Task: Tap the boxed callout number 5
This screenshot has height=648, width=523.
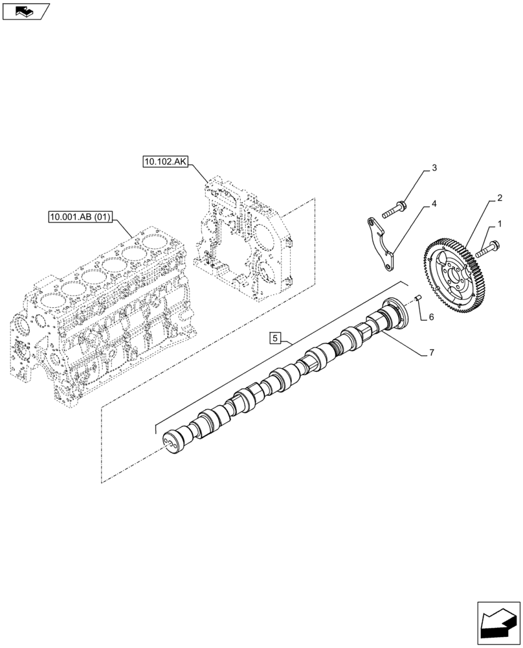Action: pyautogui.click(x=275, y=337)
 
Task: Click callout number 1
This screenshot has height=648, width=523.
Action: pyautogui.click(x=499, y=224)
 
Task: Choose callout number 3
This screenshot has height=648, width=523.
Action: pyautogui.click(x=434, y=168)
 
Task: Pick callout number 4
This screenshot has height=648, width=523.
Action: pyautogui.click(x=434, y=203)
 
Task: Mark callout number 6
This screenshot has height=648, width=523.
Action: pyautogui.click(x=430, y=318)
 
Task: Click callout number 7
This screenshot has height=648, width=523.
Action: pyautogui.click(x=430, y=353)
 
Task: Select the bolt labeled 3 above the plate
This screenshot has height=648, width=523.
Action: pyautogui.click(x=395, y=209)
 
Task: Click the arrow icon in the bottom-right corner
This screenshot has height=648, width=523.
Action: pyautogui.click(x=498, y=622)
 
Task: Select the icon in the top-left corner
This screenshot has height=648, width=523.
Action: pyautogui.click(x=26, y=11)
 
